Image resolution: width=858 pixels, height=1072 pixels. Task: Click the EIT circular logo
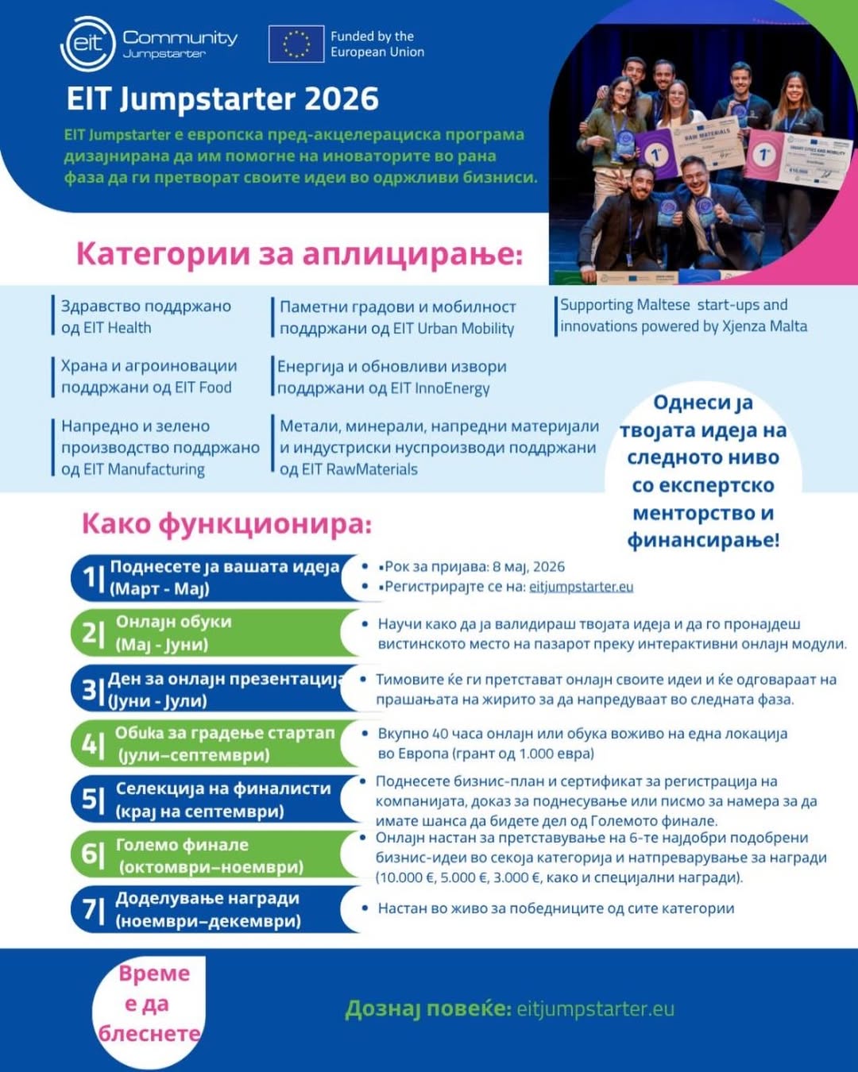click(x=87, y=43)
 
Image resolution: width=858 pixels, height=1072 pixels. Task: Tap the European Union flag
click(x=296, y=44)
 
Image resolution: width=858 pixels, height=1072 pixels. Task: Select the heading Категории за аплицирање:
click(x=300, y=254)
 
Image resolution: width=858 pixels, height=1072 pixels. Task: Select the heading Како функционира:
click(x=226, y=524)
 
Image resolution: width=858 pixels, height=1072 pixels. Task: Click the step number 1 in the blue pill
click(x=90, y=578)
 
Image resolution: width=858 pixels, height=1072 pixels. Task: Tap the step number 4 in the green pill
click(x=90, y=744)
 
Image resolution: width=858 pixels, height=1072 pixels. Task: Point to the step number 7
click(x=90, y=910)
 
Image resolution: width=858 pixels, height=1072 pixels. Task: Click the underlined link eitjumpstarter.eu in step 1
click(x=581, y=587)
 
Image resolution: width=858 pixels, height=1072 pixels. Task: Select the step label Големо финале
click(x=182, y=845)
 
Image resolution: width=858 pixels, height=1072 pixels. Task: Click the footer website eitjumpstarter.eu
click(x=595, y=1009)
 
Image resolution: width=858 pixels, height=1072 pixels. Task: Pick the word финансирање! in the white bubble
click(x=703, y=541)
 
